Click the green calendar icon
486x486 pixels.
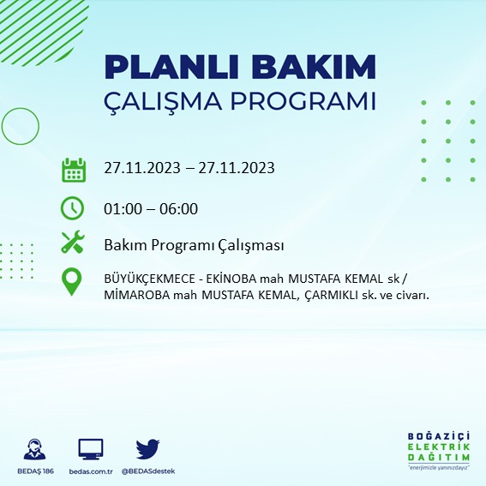(74, 169)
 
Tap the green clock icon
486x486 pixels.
(74, 208)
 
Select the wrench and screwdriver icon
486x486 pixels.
(74, 244)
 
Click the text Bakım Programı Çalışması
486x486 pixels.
(193, 246)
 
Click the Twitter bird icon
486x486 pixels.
(148, 448)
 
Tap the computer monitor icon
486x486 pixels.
(90, 448)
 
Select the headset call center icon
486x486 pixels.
(36, 449)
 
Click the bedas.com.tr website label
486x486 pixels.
(90, 471)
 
